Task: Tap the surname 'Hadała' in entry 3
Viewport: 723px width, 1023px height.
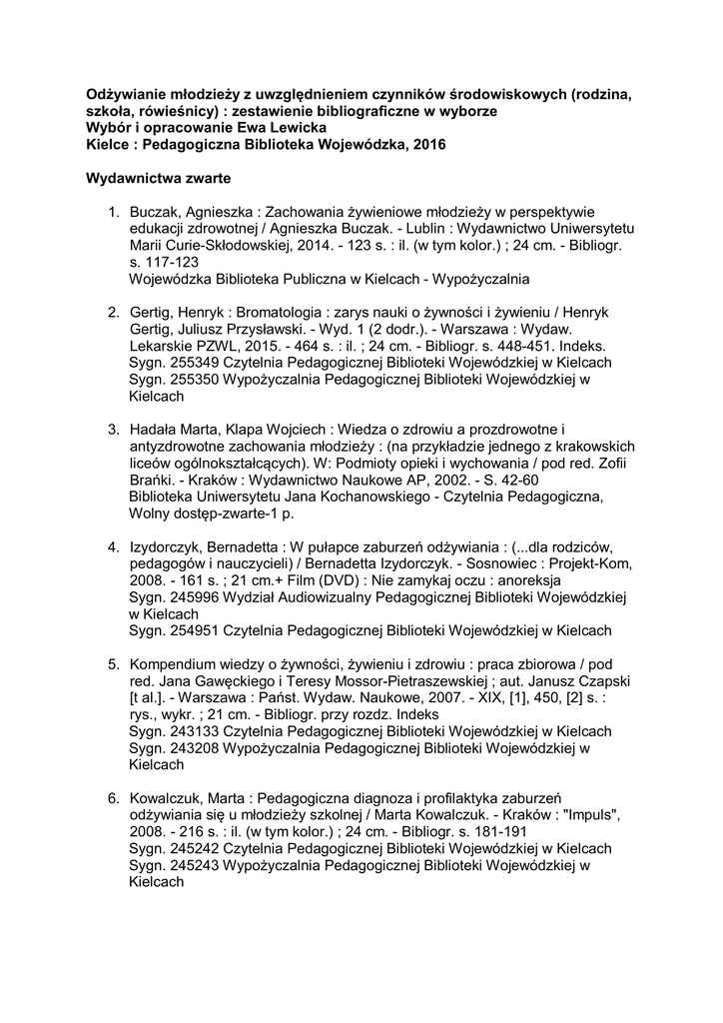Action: point(155,430)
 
